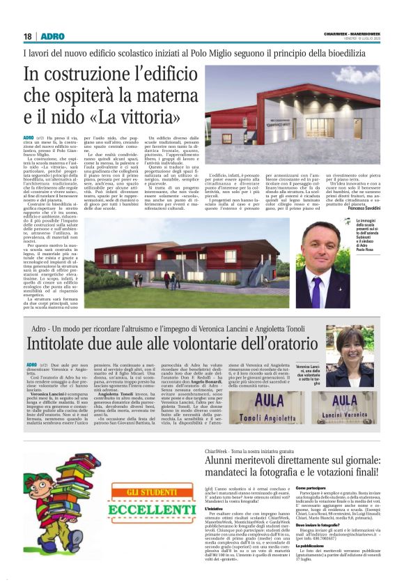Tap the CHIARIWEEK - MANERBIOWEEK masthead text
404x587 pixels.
coord(354,32)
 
